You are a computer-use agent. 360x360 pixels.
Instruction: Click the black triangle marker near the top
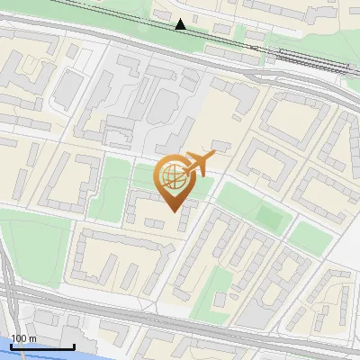point(181,24)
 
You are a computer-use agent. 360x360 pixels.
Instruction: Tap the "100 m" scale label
point(24,338)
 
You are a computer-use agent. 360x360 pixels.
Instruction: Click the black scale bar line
point(42,346)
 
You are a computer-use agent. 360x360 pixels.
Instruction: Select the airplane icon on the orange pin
point(199,164)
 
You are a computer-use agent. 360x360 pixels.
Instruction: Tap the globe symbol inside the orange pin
point(174,175)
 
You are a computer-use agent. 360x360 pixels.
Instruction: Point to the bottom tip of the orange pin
point(174,211)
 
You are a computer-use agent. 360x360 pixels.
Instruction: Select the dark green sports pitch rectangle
point(269,216)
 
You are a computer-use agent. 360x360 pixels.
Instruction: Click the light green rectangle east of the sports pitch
point(309,238)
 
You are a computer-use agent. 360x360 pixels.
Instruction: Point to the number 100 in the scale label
point(20,338)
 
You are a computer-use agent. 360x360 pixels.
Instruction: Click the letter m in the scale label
point(32,338)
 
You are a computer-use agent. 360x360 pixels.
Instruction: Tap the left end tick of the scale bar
point(12,346)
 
